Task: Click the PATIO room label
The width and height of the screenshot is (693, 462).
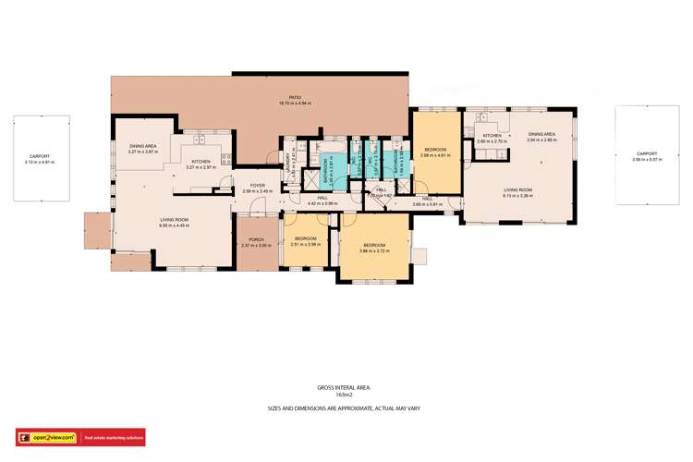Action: [x=295, y=96]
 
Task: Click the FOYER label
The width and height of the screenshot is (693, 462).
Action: [x=258, y=186]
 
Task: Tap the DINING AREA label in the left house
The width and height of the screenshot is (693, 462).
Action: [x=142, y=146]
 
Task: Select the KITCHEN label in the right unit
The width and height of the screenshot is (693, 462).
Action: [x=492, y=136]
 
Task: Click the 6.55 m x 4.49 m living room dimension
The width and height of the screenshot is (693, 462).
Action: [x=174, y=225]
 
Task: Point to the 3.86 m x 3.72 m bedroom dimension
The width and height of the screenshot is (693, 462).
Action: [x=374, y=249]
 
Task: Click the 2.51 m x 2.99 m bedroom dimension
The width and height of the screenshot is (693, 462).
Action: [x=305, y=244]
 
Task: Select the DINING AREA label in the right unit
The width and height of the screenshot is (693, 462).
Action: [x=542, y=135]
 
